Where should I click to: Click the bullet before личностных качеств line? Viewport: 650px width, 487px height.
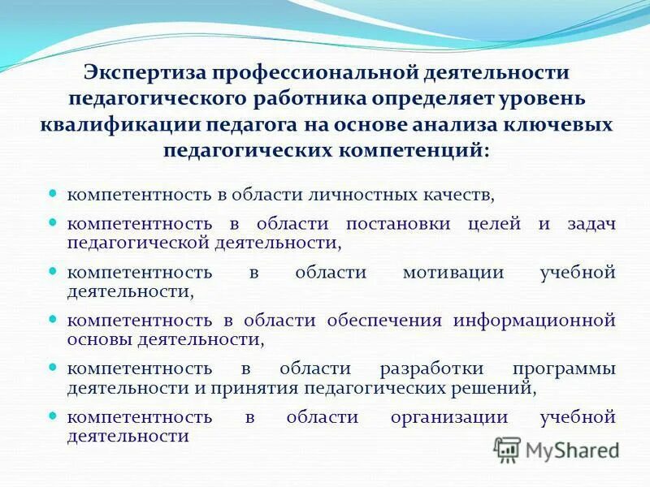(x=53, y=195)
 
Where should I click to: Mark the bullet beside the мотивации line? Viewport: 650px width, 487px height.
(x=53, y=272)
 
